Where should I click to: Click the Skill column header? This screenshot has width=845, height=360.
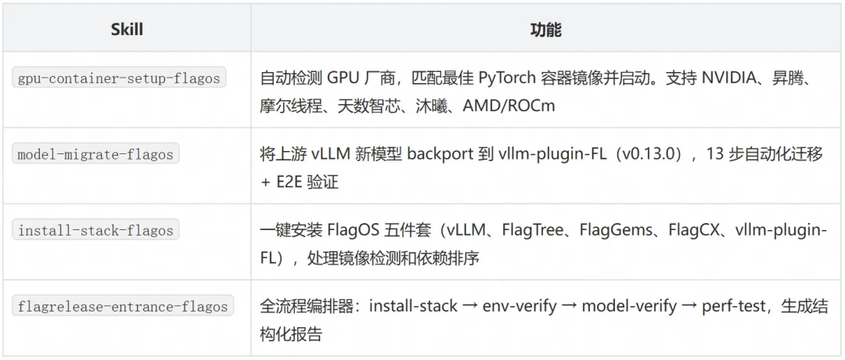127,31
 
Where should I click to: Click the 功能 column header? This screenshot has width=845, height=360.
545,31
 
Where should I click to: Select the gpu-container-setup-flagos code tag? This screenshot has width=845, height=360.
120,78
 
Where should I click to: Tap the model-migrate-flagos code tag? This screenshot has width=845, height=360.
95,154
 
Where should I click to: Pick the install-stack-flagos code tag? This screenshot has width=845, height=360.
95,231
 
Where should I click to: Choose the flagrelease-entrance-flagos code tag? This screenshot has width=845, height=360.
123,307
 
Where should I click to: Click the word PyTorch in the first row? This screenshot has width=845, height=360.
508,78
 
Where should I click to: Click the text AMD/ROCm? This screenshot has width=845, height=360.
509,105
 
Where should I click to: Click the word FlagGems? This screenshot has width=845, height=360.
617,231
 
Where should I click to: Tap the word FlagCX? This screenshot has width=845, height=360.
696,231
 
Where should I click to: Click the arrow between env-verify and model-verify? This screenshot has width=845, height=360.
570,306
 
